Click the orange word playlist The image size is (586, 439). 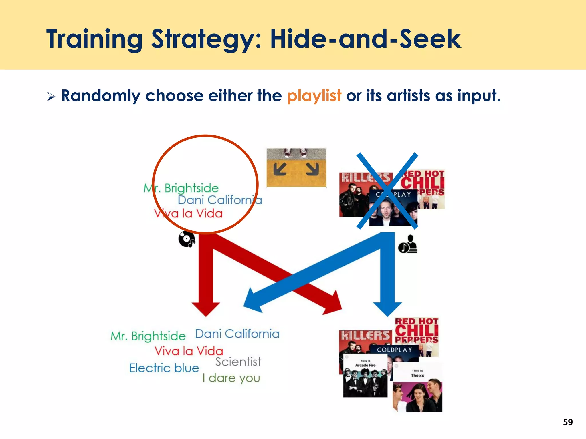pyautogui.click(x=314, y=96)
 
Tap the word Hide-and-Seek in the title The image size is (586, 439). pyautogui.click(x=365, y=39)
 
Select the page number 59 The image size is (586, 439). pyautogui.click(x=568, y=422)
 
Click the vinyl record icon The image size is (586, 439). pyautogui.click(x=187, y=239)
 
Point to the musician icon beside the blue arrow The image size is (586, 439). pyautogui.click(x=408, y=244)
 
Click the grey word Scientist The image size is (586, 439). pyautogui.click(x=238, y=362)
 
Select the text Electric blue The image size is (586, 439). pyautogui.click(x=164, y=368)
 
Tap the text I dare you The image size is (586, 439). pyautogui.click(x=231, y=378)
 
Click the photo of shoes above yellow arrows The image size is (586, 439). pyautogui.click(x=296, y=167)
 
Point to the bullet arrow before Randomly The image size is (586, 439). pyautogui.click(x=51, y=97)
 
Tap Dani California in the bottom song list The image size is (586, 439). pyautogui.click(x=237, y=334)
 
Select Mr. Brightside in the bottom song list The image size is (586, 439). pyautogui.click(x=148, y=336)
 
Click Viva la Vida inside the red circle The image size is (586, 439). pyautogui.click(x=188, y=214)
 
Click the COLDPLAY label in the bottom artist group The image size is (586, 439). pyautogui.click(x=394, y=350)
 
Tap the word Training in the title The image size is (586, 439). pyautogui.click(x=94, y=39)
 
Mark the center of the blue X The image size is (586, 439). pyautogui.click(x=387, y=191)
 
